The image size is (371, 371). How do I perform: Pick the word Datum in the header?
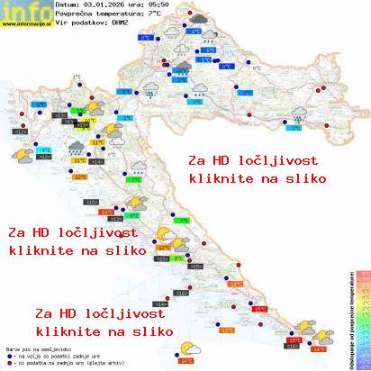point(68,5)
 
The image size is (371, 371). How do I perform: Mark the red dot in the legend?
point(8,363)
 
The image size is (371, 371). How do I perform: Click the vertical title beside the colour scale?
point(347,315)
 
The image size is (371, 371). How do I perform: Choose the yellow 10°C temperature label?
point(90,120)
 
